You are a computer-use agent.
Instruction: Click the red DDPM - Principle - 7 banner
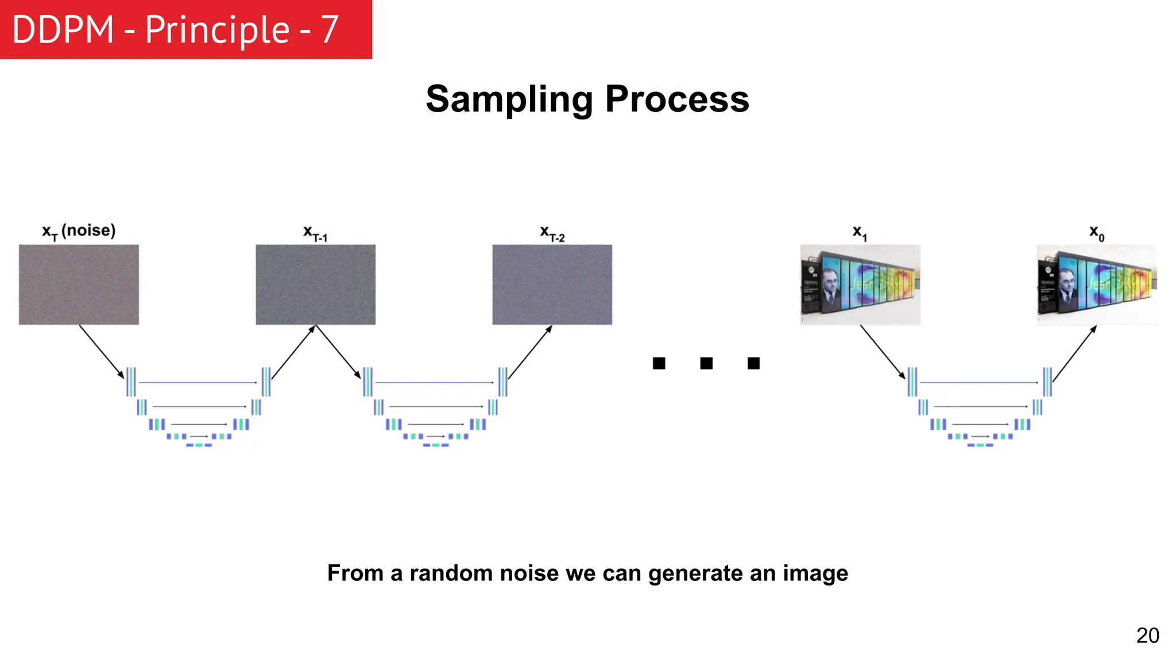coord(185,29)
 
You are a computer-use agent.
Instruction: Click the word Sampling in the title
coord(509,99)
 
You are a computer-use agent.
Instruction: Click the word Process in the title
coord(677,99)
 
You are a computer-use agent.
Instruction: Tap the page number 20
coord(1147,636)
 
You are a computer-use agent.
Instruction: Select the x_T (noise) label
coord(79,231)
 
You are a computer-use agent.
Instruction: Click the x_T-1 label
coord(315,233)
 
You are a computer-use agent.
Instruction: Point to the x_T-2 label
coord(552,233)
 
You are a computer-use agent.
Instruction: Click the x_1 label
coord(860,233)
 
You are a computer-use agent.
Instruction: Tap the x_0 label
coord(1096,233)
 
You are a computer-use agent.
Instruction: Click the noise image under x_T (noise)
coord(79,284)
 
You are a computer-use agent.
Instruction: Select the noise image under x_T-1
coord(315,284)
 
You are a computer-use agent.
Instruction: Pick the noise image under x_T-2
coord(552,284)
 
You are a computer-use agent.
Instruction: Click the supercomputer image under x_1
coord(860,284)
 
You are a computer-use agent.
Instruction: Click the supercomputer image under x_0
coord(1097,284)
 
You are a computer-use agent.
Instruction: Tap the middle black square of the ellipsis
coord(706,363)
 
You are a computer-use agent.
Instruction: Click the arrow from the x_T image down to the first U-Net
coord(102,352)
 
